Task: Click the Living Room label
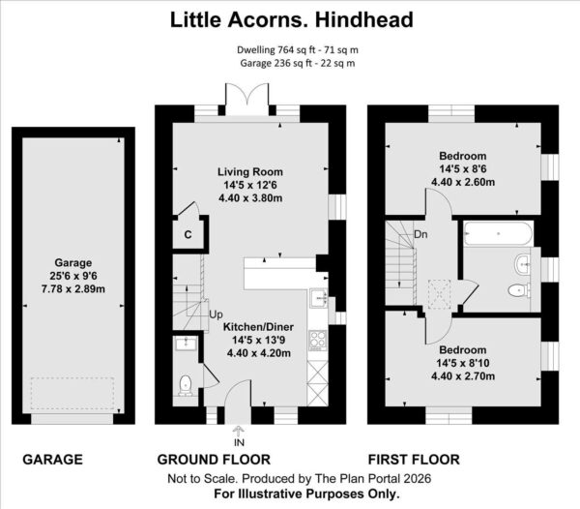(x=250, y=172)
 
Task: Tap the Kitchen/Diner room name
(x=258, y=327)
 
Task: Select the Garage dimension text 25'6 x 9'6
(x=73, y=276)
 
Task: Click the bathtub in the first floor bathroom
(x=499, y=233)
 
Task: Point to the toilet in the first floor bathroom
(x=518, y=290)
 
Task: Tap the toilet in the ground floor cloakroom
(x=185, y=385)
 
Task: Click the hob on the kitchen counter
(x=318, y=341)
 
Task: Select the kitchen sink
(x=318, y=298)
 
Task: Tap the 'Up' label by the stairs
(x=216, y=314)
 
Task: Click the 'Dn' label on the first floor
(x=420, y=234)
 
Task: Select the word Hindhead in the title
(x=364, y=20)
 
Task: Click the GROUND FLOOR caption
(x=214, y=460)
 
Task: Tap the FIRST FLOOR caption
(x=414, y=460)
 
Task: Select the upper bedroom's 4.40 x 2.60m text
(x=463, y=182)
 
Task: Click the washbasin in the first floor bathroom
(x=522, y=264)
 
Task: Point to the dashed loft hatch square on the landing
(x=440, y=294)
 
